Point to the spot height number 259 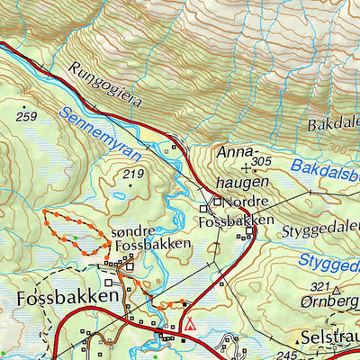click(26, 117)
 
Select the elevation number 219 click(134, 174)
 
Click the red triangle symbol click(190, 323)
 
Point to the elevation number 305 click(261, 162)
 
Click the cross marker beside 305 click(246, 167)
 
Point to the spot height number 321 click(318, 286)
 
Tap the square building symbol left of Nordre click(217, 201)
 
